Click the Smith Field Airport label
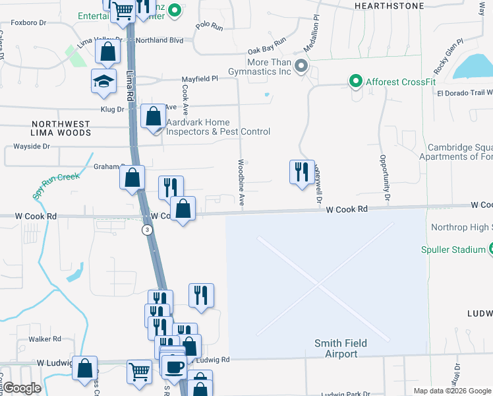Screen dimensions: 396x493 tap(340, 348)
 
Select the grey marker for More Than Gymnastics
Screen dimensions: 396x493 tap(301, 66)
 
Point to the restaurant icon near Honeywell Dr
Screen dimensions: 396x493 tap(301, 172)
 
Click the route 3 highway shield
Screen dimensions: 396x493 tap(146, 230)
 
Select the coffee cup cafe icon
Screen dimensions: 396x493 tap(175, 366)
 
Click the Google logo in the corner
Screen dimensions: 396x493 tap(22, 389)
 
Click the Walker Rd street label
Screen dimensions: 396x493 tap(44, 339)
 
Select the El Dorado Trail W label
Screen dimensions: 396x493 tap(465, 93)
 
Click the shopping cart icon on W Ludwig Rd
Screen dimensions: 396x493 tap(139, 372)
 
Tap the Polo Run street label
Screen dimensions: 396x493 tap(210, 26)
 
